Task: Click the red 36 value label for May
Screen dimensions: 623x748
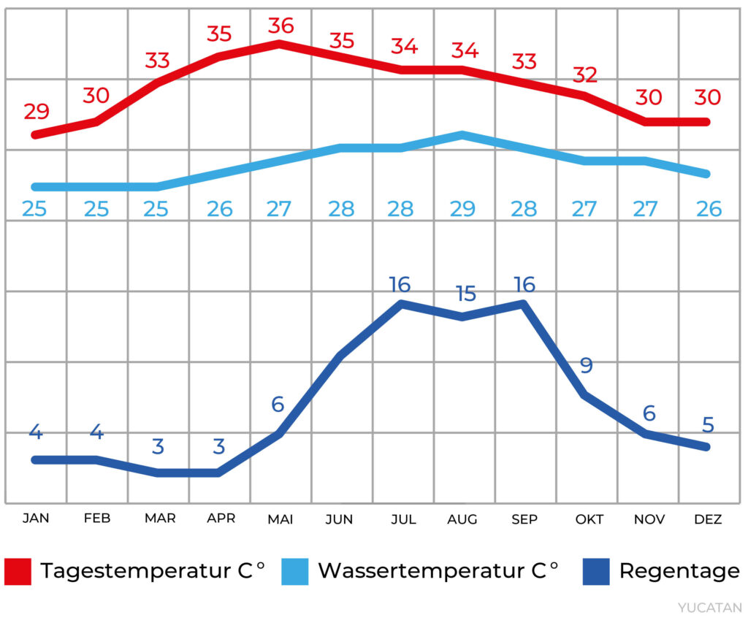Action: pyautogui.click(x=280, y=26)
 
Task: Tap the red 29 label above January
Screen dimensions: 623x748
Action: pyautogui.click(x=37, y=112)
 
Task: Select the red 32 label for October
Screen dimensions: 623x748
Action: pyautogui.click(x=585, y=74)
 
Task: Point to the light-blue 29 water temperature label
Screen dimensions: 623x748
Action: pyautogui.click(x=462, y=210)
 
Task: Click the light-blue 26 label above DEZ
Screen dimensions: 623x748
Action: pyautogui.click(x=707, y=210)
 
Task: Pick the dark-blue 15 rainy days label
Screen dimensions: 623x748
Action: pyautogui.click(x=465, y=294)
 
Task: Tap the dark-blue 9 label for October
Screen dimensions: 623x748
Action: pyautogui.click(x=586, y=365)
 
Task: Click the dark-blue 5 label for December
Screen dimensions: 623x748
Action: pyautogui.click(x=707, y=424)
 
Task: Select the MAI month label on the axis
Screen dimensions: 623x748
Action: pyautogui.click(x=280, y=519)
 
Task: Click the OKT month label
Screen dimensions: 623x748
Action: pyautogui.click(x=589, y=519)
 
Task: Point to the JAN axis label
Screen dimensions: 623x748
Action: pyautogui.click(x=36, y=519)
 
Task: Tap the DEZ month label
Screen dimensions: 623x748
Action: pyautogui.click(x=708, y=519)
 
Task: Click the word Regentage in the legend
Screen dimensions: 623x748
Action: pyautogui.click(x=679, y=571)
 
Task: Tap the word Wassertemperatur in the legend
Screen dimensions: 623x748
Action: pyautogui.click(x=422, y=571)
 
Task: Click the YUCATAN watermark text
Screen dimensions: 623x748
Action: pyautogui.click(x=709, y=608)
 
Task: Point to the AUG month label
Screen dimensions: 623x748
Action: pyautogui.click(x=462, y=519)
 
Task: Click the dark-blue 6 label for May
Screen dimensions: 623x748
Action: pyautogui.click(x=278, y=404)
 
